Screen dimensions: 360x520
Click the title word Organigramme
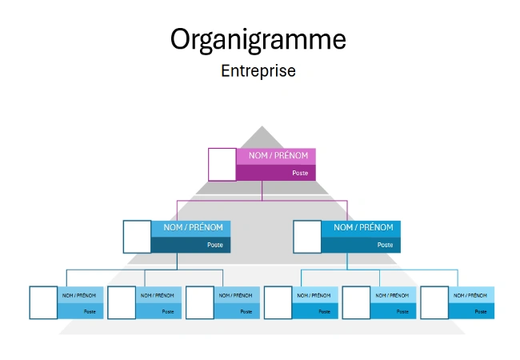coord(258,39)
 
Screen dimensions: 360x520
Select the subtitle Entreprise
coord(258,71)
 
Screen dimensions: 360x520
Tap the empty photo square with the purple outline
coord(222,164)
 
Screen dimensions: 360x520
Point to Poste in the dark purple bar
coord(300,173)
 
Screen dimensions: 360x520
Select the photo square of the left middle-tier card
coord(137,236)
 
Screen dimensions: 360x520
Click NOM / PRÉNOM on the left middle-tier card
coord(187,228)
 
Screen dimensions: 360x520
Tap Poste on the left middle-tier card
coord(215,245)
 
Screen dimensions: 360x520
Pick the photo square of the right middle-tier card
coord(307,236)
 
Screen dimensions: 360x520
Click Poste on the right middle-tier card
coord(386,245)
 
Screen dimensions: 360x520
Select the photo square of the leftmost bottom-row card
coord(42,302)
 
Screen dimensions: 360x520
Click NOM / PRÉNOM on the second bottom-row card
coord(158,295)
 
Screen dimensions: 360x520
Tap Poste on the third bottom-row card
coord(246,311)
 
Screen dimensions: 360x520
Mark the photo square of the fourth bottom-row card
coord(278,302)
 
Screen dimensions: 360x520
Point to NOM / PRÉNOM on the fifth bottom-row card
coord(393,295)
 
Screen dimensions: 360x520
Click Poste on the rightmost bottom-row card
coord(482,311)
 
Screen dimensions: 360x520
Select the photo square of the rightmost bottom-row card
coord(434,302)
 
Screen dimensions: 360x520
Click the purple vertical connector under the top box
coord(262,190)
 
